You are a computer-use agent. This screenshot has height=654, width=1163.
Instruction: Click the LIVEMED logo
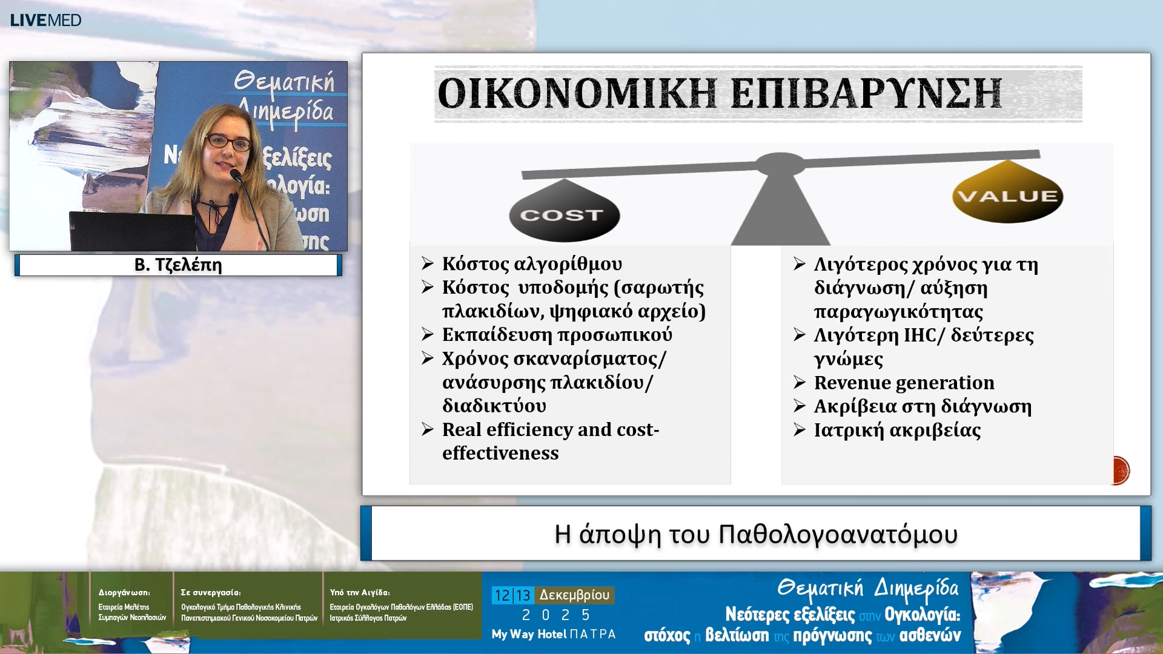[x=45, y=20]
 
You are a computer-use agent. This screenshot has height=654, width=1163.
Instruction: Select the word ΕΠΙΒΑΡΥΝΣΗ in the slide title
[x=866, y=94]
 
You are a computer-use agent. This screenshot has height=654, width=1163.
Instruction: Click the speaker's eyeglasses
[x=228, y=143]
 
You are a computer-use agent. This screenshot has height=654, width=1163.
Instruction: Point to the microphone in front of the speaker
[x=237, y=176]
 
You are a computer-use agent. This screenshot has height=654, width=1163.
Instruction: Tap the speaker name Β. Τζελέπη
[x=178, y=265]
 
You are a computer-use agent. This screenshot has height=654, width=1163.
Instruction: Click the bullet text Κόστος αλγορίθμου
[x=532, y=264]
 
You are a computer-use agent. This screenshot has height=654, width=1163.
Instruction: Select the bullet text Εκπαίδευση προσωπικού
[x=557, y=335]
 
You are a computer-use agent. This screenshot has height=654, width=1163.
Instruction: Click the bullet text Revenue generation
[x=904, y=383]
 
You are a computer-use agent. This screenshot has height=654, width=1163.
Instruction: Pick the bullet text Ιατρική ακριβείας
[x=897, y=430]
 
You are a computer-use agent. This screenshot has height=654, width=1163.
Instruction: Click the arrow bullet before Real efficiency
[x=428, y=429]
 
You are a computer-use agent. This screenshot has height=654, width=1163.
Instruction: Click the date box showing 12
[x=502, y=595]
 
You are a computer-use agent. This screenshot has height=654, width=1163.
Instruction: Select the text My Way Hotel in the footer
[x=529, y=634]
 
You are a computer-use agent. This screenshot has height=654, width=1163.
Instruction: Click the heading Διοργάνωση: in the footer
[x=124, y=592]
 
